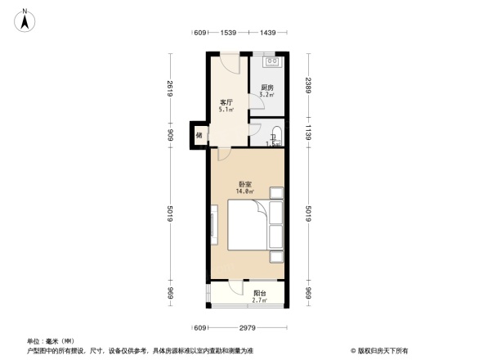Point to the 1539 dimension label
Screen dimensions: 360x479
[228, 33]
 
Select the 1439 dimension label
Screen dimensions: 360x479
[267, 33]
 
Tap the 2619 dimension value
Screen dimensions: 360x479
[172, 88]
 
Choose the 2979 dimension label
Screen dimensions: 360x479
[248, 327]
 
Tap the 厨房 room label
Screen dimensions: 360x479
[266, 88]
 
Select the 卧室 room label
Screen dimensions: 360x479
[244, 184]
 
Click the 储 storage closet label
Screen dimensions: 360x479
[199, 136]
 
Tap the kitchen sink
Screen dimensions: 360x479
[271, 61]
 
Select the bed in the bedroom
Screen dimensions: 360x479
[247, 227]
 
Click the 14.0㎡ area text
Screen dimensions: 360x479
[244, 191]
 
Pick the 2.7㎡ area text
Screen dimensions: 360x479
[259, 301]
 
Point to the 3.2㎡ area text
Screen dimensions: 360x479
[266, 95]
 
